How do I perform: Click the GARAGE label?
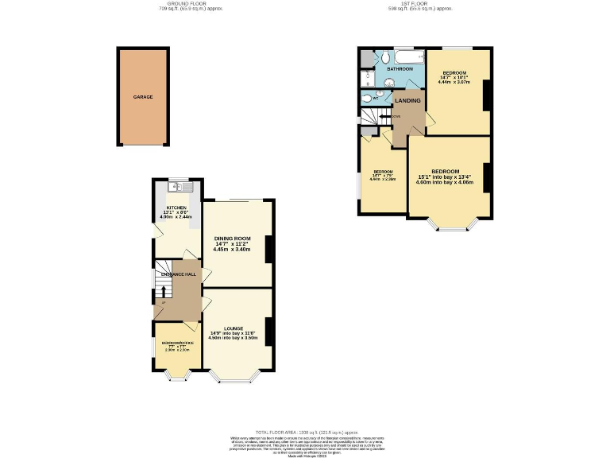[x=143, y=97]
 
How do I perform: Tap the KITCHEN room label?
[x=176, y=208]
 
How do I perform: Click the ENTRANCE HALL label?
[x=179, y=274]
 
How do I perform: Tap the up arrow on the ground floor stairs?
[x=164, y=292]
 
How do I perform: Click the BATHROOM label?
[x=400, y=69]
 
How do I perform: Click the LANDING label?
[x=407, y=100]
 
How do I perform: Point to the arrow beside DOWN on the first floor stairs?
[x=384, y=116]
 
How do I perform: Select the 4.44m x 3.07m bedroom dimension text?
[x=454, y=82]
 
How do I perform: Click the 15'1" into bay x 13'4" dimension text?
[x=445, y=177]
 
